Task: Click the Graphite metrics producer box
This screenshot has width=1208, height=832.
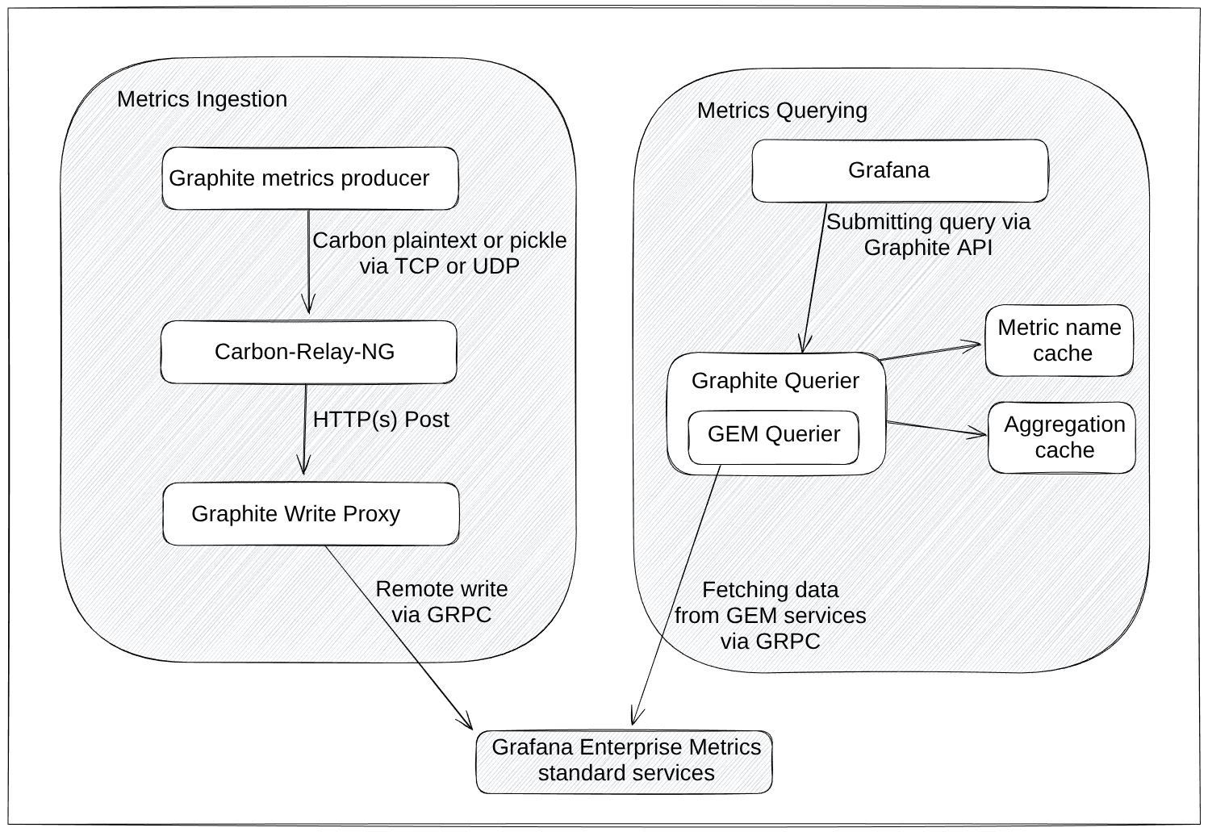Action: point(310,178)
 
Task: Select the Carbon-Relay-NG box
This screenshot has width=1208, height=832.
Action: point(308,352)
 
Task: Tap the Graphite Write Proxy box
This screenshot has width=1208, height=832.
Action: point(311,514)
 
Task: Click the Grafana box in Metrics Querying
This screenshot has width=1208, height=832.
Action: point(899,170)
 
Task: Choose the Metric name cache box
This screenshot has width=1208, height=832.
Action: point(1059,341)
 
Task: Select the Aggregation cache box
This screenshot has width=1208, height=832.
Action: point(1061,437)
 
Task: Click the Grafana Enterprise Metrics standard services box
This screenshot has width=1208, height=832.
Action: point(624,761)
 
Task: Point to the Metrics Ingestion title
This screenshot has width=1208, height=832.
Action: point(202,99)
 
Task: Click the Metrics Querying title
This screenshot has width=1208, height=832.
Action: point(781,111)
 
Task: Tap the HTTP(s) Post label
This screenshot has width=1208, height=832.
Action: point(380,420)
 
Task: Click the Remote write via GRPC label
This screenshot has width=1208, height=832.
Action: point(441,602)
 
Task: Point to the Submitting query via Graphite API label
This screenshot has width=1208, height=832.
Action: point(928,234)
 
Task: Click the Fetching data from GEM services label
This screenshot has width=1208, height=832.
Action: point(770,615)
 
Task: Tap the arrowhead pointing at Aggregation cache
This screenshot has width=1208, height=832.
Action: point(980,434)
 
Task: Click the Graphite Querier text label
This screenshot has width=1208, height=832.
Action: point(775,381)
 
